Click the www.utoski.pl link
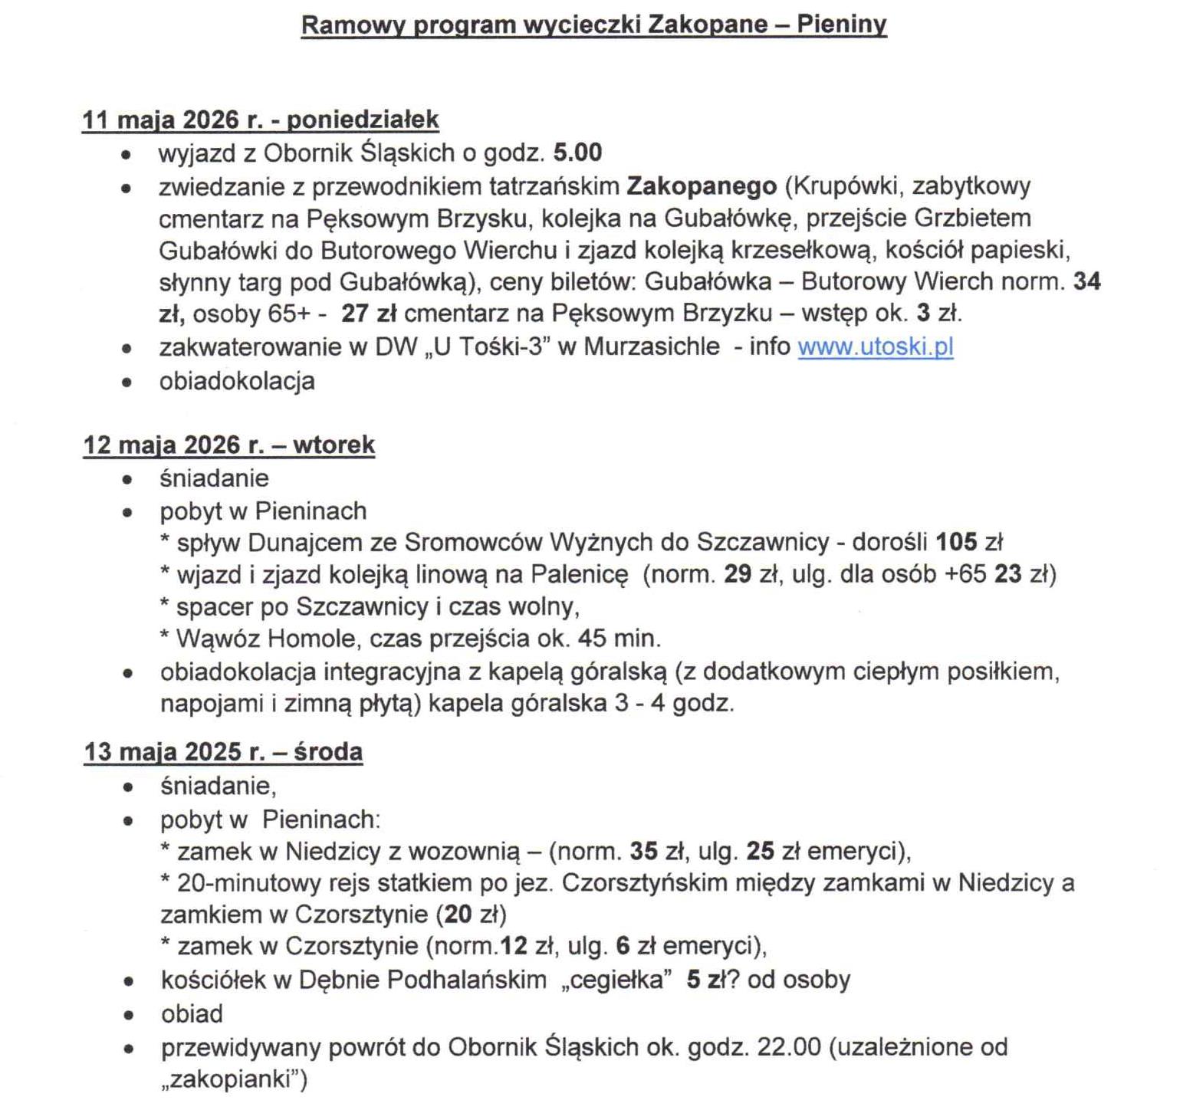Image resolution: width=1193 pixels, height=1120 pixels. [x=875, y=347]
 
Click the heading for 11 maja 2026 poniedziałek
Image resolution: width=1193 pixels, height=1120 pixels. [x=260, y=120]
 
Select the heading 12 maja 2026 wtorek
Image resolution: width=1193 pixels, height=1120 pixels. [x=228, y=445]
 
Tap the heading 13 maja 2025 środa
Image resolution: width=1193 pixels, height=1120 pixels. [x=223, y=751]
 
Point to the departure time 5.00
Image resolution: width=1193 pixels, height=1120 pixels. [x=577, y=153]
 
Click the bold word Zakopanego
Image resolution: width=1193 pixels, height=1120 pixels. [x=702, y=186]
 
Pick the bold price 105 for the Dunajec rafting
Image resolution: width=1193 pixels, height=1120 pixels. [x=956, y=542]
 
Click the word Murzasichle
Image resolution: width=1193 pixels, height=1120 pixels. [x=652, y=347]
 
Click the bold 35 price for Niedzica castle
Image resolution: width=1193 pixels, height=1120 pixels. [x=644, y=851]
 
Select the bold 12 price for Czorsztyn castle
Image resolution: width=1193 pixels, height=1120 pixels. [x=514, y=946]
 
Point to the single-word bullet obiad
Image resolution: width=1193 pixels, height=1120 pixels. [x=192, y=1013]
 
